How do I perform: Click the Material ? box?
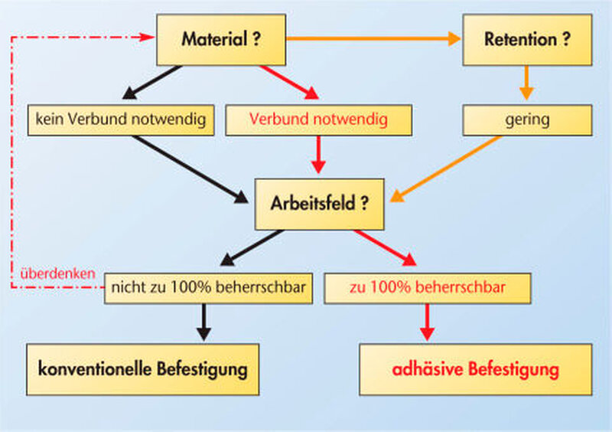click(x=221, y=40)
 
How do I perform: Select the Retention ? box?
click(x=527, y=40)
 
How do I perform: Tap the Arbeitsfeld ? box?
click(x=319, y=204)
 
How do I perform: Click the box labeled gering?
click(x=527, y=120)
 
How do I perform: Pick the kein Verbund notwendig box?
click(x=121, y=120)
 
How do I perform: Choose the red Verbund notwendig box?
click(x=318, y=120)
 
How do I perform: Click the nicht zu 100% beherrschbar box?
click(x=208, y=288)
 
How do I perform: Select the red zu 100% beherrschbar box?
click(x=428, y=288)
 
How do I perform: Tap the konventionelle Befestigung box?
click(x=143, y=369)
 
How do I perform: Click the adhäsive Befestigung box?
click(x=476, y=369)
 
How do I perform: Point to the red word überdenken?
click(x=58, y=273)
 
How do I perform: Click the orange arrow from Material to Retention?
click(x=373, y=39)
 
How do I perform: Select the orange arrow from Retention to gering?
click(x=526, y=83)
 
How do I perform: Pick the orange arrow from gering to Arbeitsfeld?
click(x=445, y=169)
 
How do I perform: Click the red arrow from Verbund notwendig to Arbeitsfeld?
click(x=318, y=155)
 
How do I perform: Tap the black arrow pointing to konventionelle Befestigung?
click(x=203, y=322)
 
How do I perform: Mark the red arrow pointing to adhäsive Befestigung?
click(x=428, y=322)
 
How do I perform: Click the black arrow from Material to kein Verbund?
click(x=151, y=82)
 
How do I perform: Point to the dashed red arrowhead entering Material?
click(x=148, y=37)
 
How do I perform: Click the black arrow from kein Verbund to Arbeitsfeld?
click(x=190, y=169)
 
